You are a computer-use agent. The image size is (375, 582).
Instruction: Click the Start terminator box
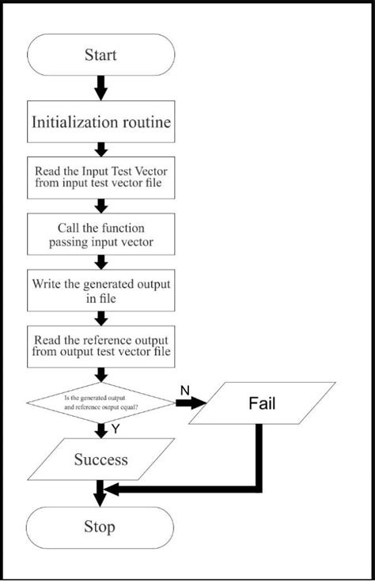coord(100,55)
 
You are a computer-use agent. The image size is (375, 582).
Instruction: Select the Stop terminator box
coord(100,527)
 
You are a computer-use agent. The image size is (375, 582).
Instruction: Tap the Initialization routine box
coord(100,122)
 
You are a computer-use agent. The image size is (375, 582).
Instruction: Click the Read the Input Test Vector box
coord(100,177)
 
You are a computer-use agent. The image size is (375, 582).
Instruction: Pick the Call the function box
coord(100,234)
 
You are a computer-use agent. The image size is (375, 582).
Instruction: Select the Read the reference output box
coord(100,346)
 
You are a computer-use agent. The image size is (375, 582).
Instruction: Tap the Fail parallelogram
coord(262,404)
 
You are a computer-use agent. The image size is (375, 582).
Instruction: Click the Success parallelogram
coord(100,459)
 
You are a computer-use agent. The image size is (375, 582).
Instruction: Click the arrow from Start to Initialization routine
coord(100,87)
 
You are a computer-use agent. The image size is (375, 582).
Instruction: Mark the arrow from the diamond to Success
coord(100,430)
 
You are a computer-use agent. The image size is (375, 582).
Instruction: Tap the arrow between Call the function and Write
coord(100,263)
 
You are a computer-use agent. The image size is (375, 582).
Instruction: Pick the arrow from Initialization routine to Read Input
coord(100,149)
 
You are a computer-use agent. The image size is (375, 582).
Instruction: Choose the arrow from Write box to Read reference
coord(100,318)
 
